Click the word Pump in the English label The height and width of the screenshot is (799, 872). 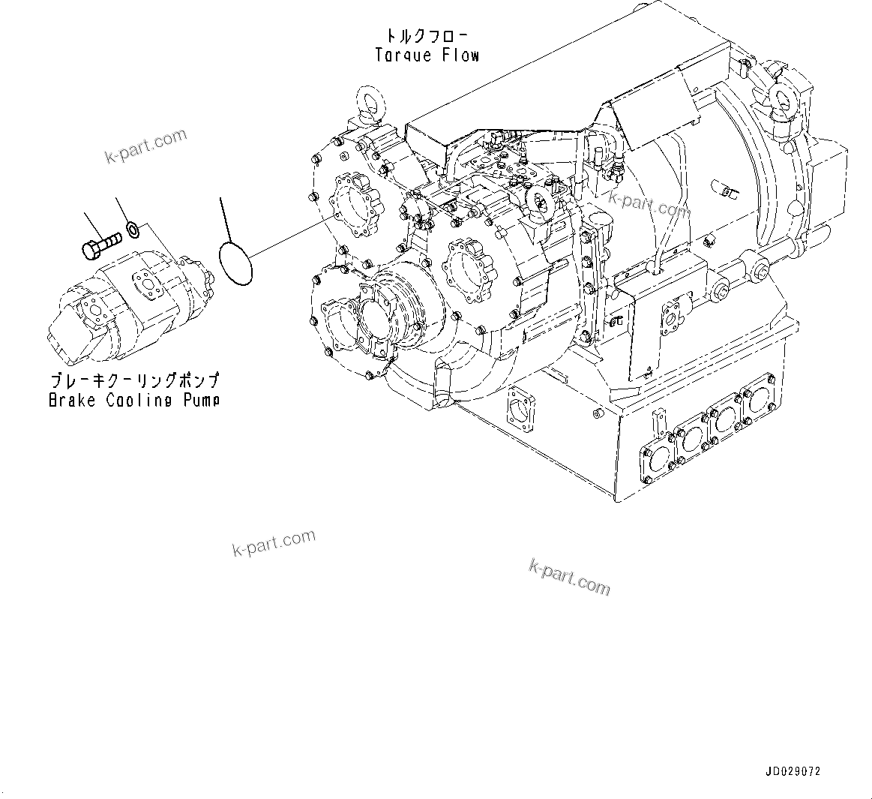[202, 401]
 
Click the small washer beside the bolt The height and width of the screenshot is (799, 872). [132, 228]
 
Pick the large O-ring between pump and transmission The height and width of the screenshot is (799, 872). [235, 263]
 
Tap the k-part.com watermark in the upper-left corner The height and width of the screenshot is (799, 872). [145, 146]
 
